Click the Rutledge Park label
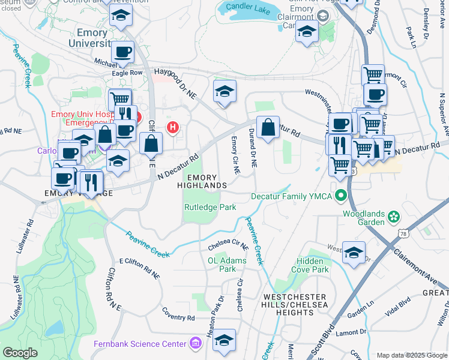(x=209, y=207)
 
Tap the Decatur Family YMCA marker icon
(x=342, y=196)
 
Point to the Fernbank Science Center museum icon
(x=196, y=344)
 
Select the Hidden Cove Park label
(x=312, y=266)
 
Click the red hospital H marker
(x=173, y=127)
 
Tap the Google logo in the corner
(x=20, y=353)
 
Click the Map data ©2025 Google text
(x=411, y=355)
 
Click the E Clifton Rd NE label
(x=139, y=268)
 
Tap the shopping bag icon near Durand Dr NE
(x=268, y=128)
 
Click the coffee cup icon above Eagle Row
(x=122, y=52)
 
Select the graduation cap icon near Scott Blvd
(x=354, y=252)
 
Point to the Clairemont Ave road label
(x=414, y=264)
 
